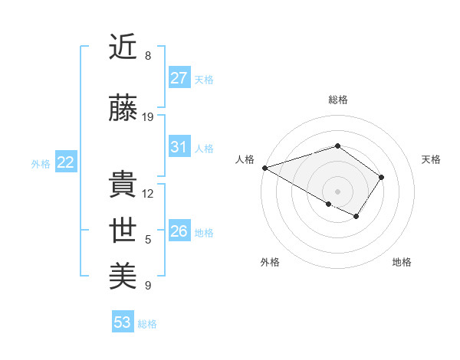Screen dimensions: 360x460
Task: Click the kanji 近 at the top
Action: [x=123, y=47]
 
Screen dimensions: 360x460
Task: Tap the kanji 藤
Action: [x=123, y=109]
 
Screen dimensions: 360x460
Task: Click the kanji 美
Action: [x=123, y=274]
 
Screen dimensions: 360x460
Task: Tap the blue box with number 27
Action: [x=179, y=78]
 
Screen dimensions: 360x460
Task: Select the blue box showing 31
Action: [x=179, y=148]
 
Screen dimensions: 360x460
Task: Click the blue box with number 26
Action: [x=179, y=231]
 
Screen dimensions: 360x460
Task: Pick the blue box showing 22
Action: [x=65, y=162]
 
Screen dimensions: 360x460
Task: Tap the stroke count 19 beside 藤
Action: [x=148, y=117]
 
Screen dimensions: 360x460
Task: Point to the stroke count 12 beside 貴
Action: [x=148, y=194]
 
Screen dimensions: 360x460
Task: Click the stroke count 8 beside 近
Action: [x=148, y=56]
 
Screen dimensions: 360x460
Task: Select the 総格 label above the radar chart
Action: [x=337, y=100]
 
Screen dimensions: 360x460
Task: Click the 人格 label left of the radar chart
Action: [x=245, y=159]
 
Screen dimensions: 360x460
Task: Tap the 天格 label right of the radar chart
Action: [x=431, y=159]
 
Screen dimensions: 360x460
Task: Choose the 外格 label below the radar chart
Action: [x=270, y=262]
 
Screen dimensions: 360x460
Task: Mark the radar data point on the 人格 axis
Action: [x=264, y=168]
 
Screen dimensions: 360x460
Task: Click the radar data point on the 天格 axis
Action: [x=381, y=177]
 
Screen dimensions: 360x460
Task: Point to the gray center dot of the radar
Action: [x=337, y=191]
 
